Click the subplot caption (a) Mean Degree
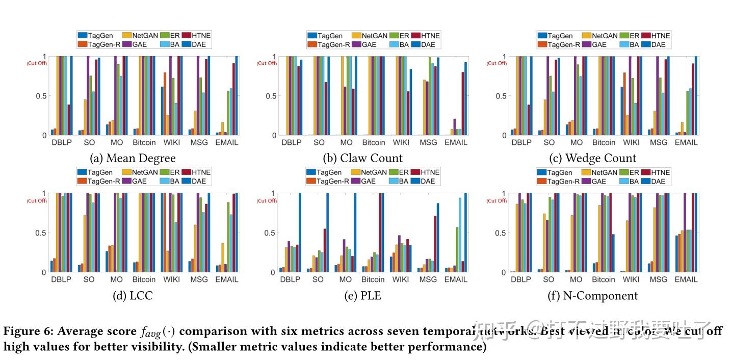[x=133, y=158]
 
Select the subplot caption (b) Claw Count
[x=362, y=158]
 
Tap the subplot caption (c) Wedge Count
[x=592, y=158]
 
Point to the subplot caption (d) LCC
[x=133, y=296]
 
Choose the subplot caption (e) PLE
[x=362, y=296]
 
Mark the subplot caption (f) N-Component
[x=592, y=296]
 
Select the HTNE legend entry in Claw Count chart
[x=427, y=36]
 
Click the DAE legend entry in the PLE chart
[x=427, y=181]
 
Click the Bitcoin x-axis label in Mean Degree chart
[x=144, y=143]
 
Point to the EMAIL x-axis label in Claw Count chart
[x=456, y=143]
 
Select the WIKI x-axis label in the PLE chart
[x=401, y=279]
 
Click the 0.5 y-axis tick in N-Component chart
[x=501, y=233]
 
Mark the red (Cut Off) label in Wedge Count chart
[x=497, y=63]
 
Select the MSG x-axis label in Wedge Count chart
[x=658, y=143]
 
